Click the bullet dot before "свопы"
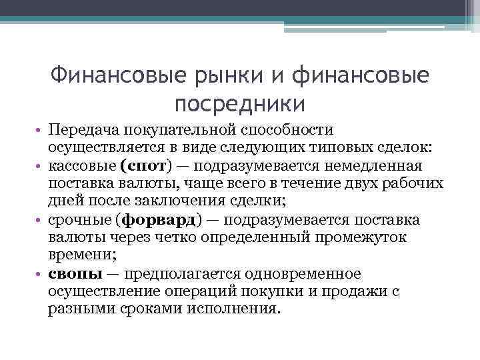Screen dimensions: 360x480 (x=41, y=274)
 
